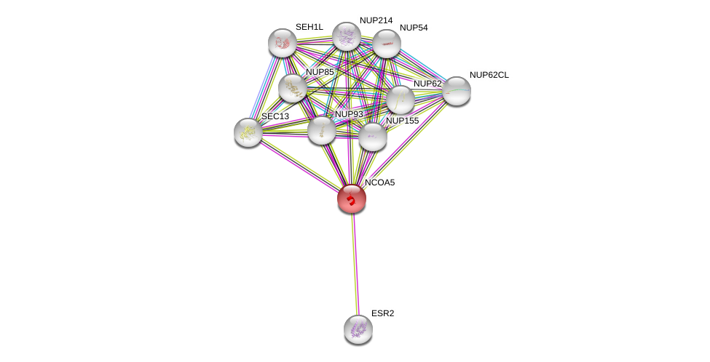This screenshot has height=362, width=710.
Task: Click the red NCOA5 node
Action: click(351, 198)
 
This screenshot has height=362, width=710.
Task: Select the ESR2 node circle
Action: click(358, 329)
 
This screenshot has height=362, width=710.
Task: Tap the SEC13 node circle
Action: click(248, 132)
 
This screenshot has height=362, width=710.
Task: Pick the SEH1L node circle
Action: click(282, 43)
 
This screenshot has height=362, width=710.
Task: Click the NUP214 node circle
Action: click(347, 36)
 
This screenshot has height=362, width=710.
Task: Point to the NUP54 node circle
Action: click(386, 44)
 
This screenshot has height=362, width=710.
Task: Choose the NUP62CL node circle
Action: click(457, 91)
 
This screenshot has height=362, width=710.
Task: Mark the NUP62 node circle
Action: click(400, 100)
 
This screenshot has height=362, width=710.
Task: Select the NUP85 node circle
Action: click(293, 88)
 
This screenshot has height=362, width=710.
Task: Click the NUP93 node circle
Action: click(321, 130)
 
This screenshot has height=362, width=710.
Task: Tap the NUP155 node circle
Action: click(372, 137)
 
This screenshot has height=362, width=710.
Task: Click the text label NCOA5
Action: click(379, 182)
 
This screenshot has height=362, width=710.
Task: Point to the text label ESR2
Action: click(382, 313)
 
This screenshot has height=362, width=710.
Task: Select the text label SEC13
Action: click(275, 116)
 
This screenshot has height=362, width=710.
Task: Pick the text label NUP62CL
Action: click(489, 75)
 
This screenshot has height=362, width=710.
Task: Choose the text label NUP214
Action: click(376, 20)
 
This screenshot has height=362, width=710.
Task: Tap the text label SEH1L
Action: click(309, 27)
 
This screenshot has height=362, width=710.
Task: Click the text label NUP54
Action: click(414, 28)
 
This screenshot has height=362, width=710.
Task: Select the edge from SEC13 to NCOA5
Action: click(299, 165)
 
